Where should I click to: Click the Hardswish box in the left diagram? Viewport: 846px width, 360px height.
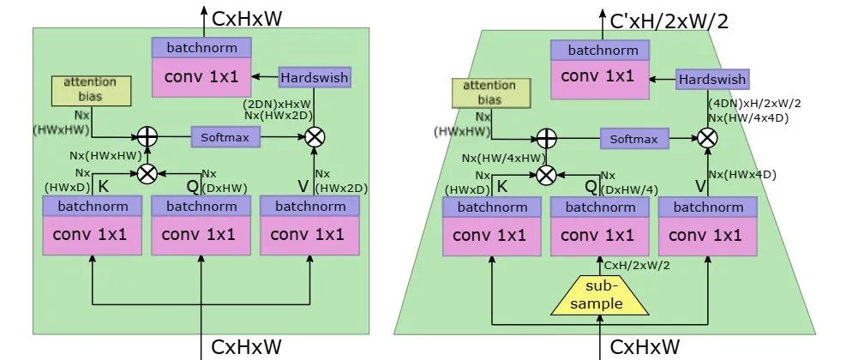pyautogui.click(x=315, y=78)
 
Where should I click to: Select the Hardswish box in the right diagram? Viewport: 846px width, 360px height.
pyautogui.click(x=711, y=80)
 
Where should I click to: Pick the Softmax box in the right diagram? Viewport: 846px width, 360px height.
pyautogui.click(x=633, y=139)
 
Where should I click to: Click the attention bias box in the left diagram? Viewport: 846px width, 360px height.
pyautogui.click(x=90, y=90)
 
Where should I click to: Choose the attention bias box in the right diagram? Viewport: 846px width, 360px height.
pyautogui.click(x=489, y=92)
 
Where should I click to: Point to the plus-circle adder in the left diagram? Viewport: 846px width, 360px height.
pyautogui.click(x=148, y=136)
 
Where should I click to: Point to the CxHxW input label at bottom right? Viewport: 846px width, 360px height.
pyautogui.click(x=645, y=346)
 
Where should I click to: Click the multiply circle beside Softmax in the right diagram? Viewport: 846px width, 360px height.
pyautogui.click(x=707, y=138)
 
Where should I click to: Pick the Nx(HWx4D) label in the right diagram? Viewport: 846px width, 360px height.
pyautogui.click(x=743, y=174)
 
